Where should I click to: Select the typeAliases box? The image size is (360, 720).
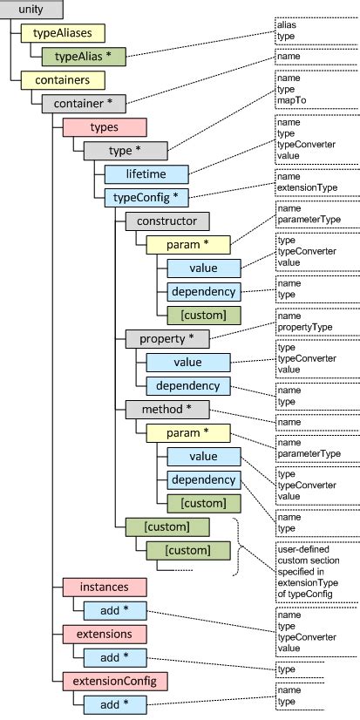tap(62, 33)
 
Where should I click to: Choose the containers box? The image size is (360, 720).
tap(62, 80)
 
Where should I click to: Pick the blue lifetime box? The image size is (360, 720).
tap(146, 174)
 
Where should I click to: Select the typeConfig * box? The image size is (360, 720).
tap(146, 198)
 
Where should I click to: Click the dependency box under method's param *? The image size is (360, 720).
tap(203, 479)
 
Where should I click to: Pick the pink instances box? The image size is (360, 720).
tap(105, 586)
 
